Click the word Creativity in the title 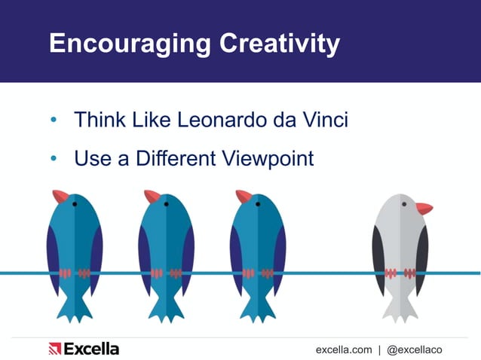(279, 44)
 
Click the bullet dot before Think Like (54, 121)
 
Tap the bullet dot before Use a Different (54, 159)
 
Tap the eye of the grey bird (404, 203)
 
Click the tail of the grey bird (400, 310)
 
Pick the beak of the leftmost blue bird (60, 196)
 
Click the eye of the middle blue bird (167, 203)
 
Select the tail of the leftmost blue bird (75, 310)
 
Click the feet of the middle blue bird (166, 273)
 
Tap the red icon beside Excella (54, 349)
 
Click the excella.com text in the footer (344, 349)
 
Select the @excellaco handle (414, 349)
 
